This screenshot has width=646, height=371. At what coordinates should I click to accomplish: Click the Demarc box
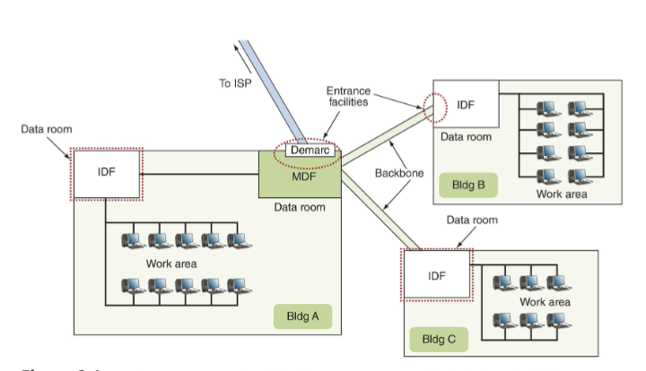310,151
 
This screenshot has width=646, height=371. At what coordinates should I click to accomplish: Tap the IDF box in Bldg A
106,172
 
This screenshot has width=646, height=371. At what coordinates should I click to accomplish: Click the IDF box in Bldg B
466,105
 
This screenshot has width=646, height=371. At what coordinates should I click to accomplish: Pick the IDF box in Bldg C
437,275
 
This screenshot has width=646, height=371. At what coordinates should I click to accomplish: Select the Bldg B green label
467,186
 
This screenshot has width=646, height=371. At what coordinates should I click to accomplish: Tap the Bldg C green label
439,340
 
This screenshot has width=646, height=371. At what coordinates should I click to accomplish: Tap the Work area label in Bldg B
562,193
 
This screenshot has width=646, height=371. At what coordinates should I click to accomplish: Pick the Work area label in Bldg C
545,302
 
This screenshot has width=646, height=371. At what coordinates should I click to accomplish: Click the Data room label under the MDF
300,208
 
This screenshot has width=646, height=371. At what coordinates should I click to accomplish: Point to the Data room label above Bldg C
471,220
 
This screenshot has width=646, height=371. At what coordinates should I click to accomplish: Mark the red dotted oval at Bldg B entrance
434,105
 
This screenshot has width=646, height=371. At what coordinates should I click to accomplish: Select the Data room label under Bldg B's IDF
466,137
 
